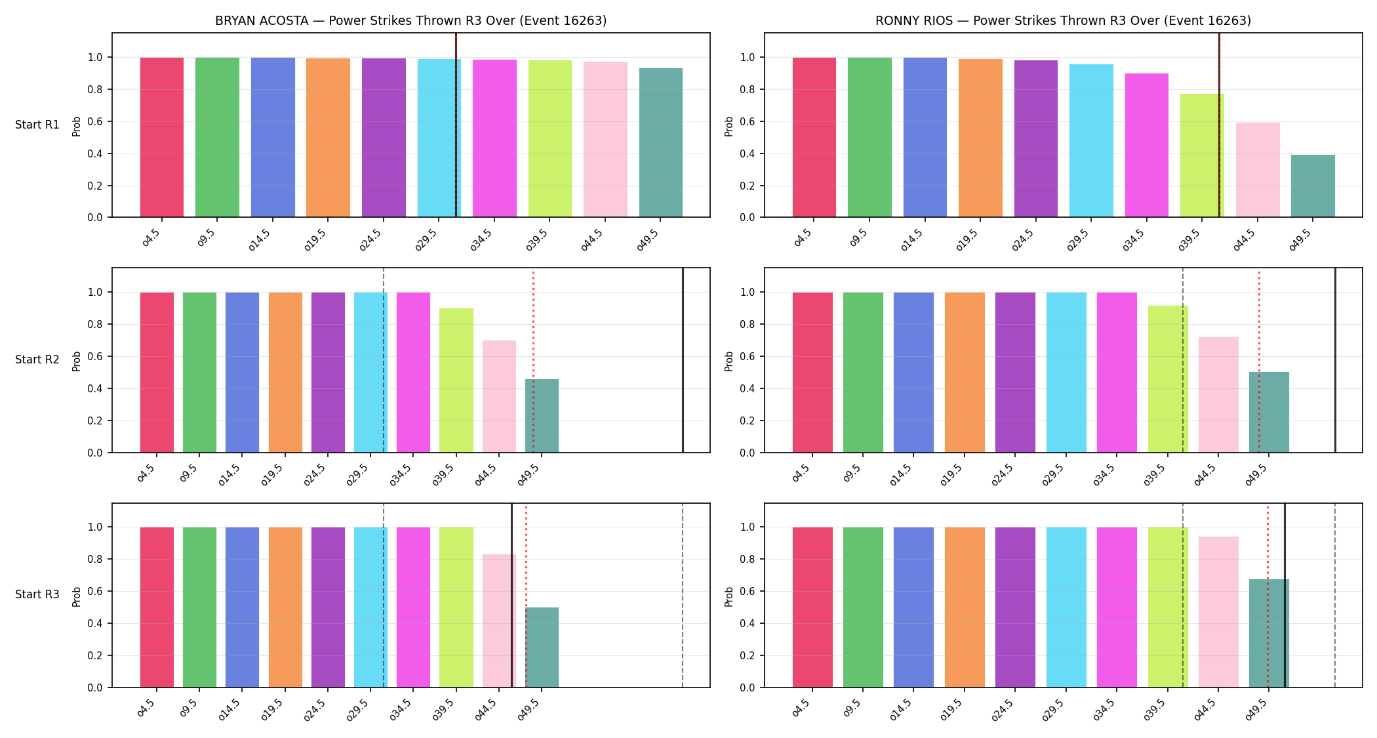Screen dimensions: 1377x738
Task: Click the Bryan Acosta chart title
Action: (x=411, y=20)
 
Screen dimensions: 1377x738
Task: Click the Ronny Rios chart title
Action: (x=1063, y=20)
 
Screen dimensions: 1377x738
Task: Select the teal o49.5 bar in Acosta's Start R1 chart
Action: (x=661, y=142)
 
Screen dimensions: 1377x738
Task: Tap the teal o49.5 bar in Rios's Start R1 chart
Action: (x=1313, y=186)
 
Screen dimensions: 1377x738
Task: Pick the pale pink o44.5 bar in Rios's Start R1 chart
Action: (x=1258, y=170)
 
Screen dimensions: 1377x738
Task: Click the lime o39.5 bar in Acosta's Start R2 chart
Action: (x=456, y=380)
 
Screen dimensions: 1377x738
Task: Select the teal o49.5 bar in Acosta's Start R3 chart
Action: (x=542, y=647)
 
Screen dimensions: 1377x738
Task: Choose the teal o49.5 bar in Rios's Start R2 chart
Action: (x=1269, y=412)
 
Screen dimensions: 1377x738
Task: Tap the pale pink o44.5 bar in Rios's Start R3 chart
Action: (x=1218, y=612)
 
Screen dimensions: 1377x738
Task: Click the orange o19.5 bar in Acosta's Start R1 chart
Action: (x=328, y=138)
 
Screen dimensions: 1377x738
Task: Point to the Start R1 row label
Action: (x=37, y=125)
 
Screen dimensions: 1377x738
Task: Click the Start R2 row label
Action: (x=37, y=359)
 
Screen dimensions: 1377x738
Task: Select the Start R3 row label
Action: (x=37, y=594)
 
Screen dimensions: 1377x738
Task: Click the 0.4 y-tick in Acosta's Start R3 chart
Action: (x=96, y=623)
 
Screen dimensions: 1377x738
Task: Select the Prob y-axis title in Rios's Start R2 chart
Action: (x=729, y=361)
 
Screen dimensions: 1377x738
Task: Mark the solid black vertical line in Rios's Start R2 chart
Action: (x=1336, y=360)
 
